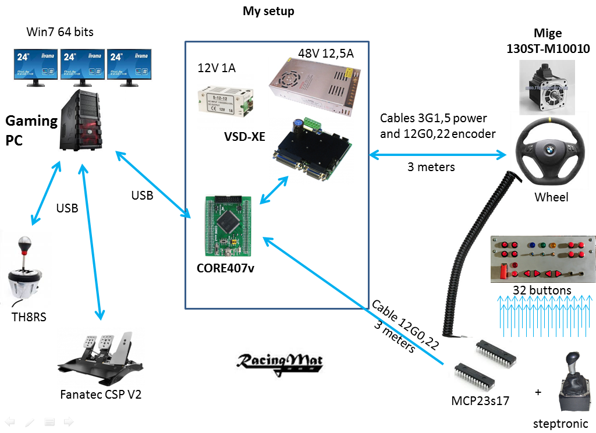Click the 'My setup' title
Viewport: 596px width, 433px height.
coord(268,11)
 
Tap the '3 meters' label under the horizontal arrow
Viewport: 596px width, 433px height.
coord(431,167)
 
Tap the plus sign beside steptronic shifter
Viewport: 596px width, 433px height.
coord(538,392)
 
